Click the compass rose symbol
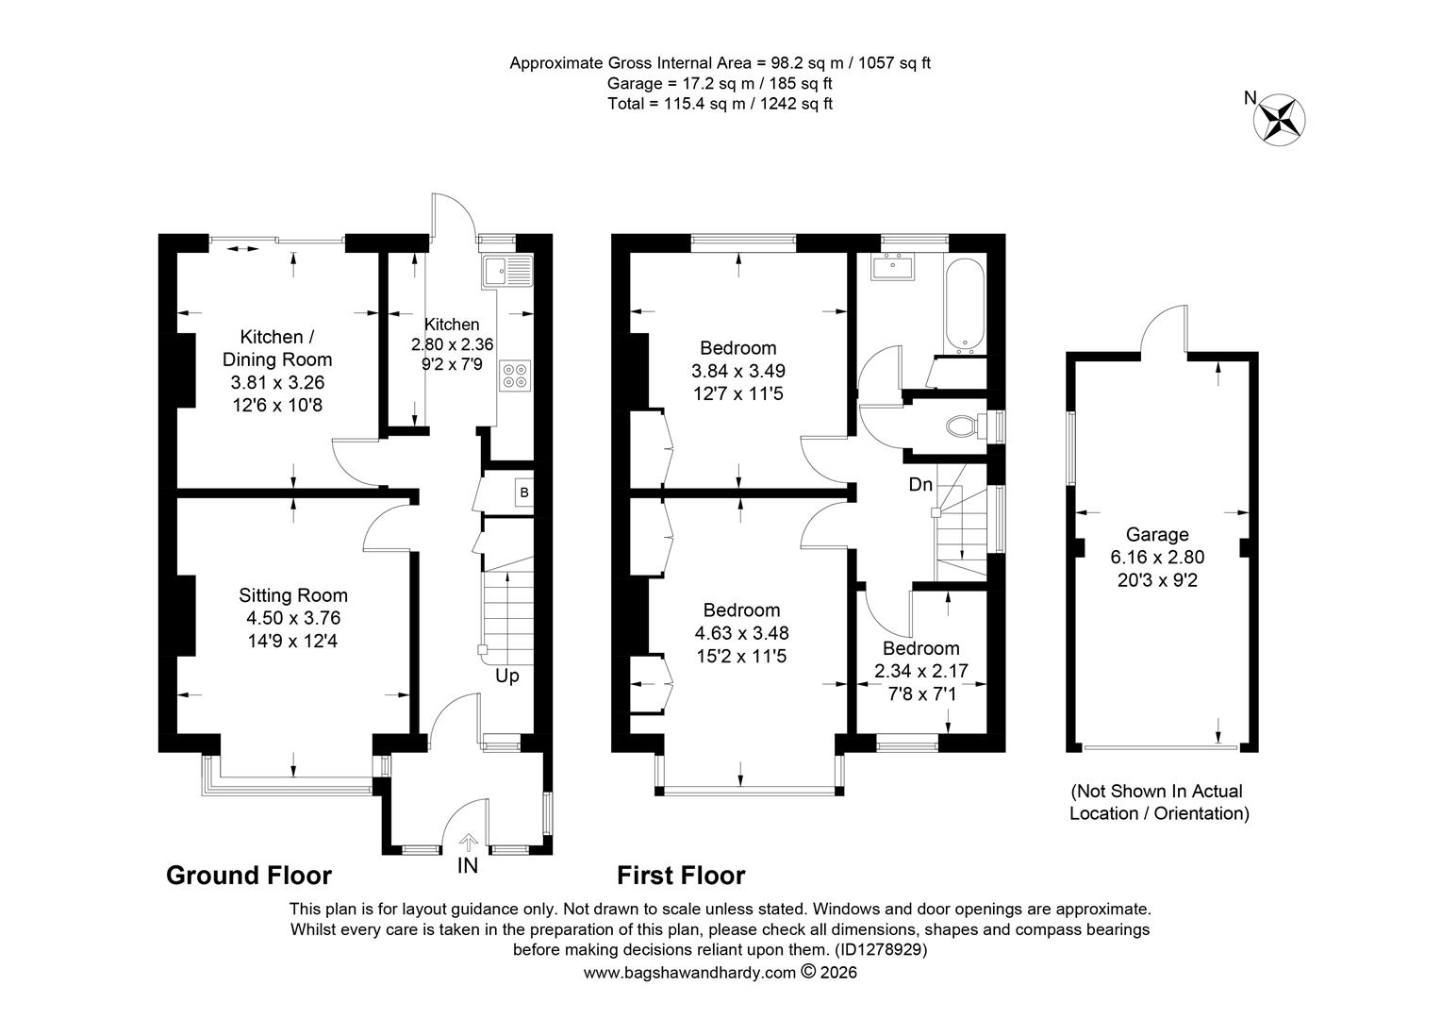coord(1280,119)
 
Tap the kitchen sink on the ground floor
coord(508,271)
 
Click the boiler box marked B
coord(524,493)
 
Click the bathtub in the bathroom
coord(965,307)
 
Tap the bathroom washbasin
coord(892,267)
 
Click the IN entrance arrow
coord(468,842)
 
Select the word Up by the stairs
coord(507,677)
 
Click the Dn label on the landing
coord(920,484)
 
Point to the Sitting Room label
coord(293,594)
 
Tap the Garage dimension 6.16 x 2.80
coord(1157,557)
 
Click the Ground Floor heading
coord(249,876)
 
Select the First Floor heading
coord(681,876)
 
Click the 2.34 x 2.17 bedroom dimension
coord(921,671)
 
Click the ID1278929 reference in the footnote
coord(881,949)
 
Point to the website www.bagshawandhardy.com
coord(689,973)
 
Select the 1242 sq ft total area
coord(796,104)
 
